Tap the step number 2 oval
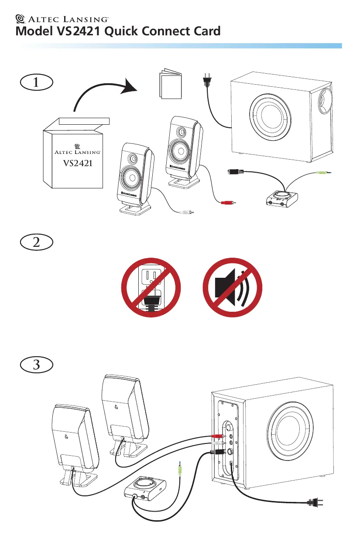pyautogui.click(x=37, y=243)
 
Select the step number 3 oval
pyautogui.click(x=37, y=365)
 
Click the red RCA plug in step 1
pyautogui.click(x=227, y=203)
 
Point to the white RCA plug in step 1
pyautogui.click(x=186, y=212)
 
